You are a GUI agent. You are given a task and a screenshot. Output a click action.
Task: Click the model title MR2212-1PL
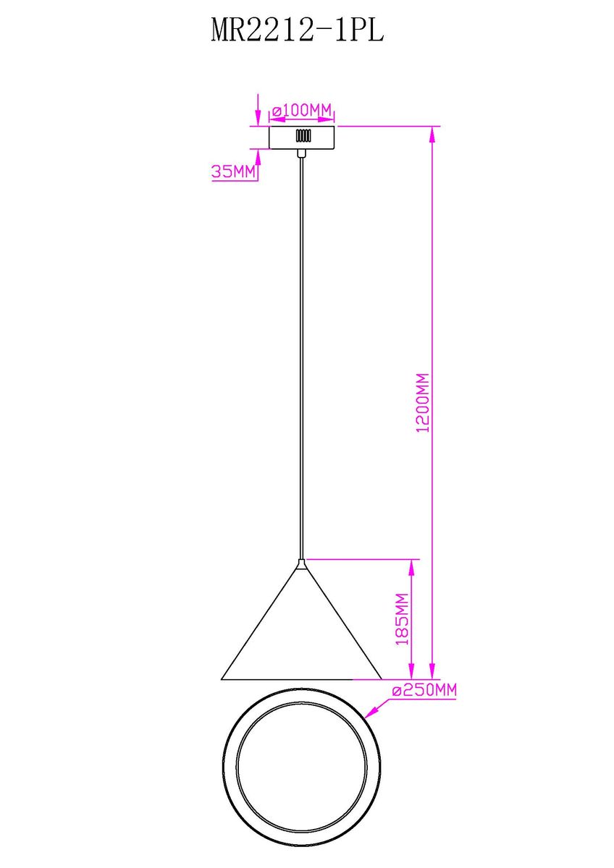coord(298,30)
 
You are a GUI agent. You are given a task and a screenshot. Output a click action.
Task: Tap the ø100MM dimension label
coord(302,111)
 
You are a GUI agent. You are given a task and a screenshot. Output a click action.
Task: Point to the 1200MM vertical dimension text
coord(422,403)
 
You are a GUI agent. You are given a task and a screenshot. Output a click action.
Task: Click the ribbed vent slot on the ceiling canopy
coord(303,136)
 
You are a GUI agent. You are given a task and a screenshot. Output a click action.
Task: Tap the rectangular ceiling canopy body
coord(302,137)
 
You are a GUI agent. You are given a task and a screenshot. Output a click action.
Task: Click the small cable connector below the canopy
coord(301,153)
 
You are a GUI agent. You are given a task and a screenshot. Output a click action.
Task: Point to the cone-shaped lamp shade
coord(301,619)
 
